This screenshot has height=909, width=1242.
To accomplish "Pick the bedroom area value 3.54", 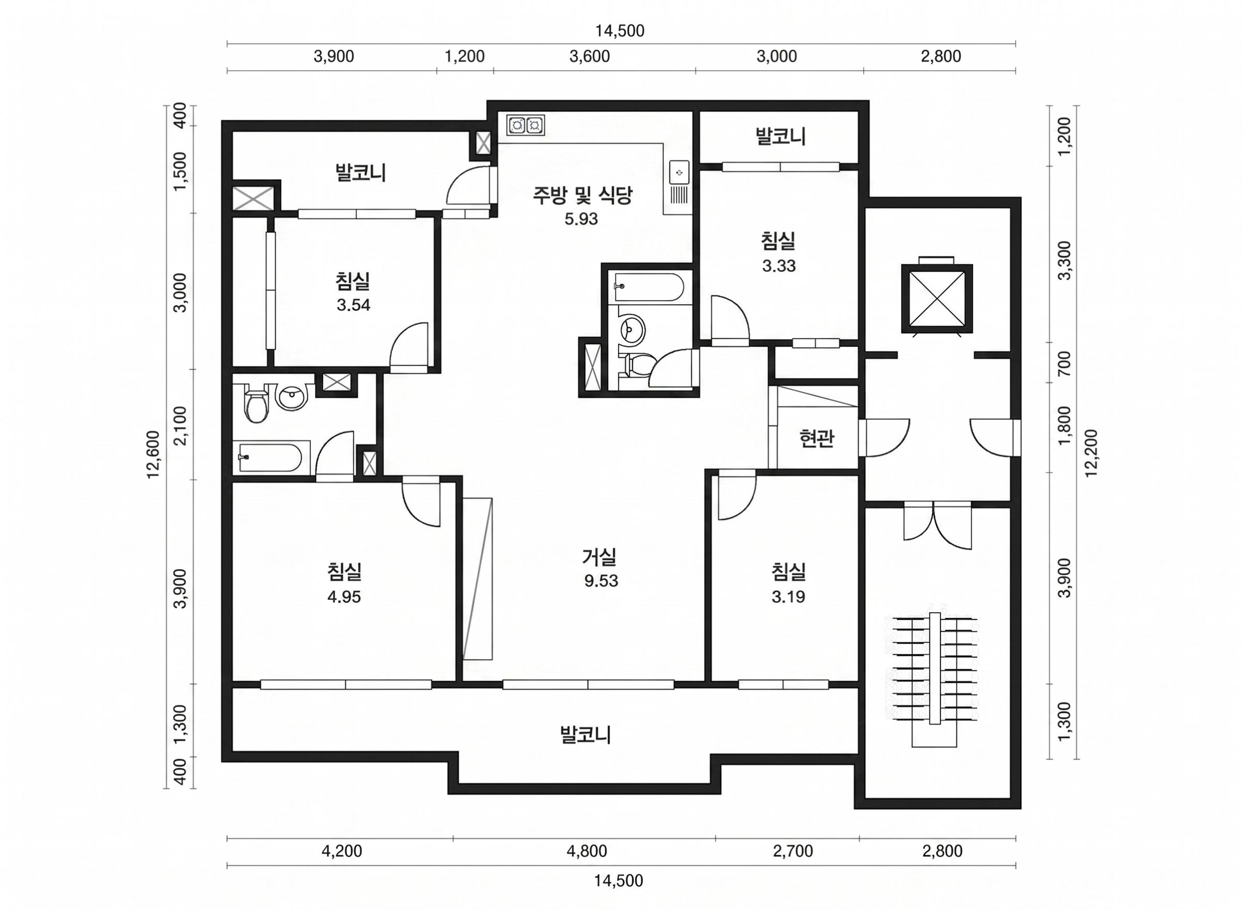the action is pyautogui.click(x=353, y=305).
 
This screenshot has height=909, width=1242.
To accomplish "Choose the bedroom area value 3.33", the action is pyautogui.click(x=779, y=266).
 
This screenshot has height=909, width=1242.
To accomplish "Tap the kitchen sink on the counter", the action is pyautogui.click(x=679, y=172).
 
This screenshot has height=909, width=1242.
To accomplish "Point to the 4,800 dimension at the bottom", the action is pyautogui.click(x=587, y=851).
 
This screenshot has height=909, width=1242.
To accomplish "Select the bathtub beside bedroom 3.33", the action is pyautogui.click(x=649, y=287).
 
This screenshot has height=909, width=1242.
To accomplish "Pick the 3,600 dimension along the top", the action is pyautogui.click(x=589, y=56).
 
